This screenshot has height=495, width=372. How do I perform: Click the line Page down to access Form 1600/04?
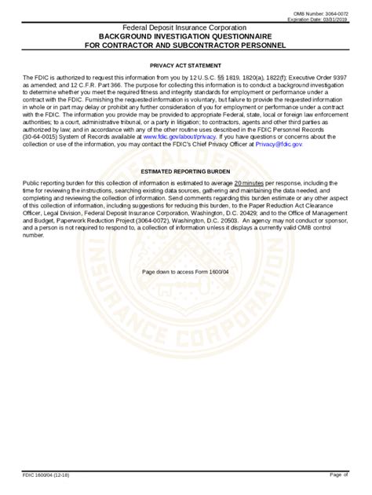(187, 271)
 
